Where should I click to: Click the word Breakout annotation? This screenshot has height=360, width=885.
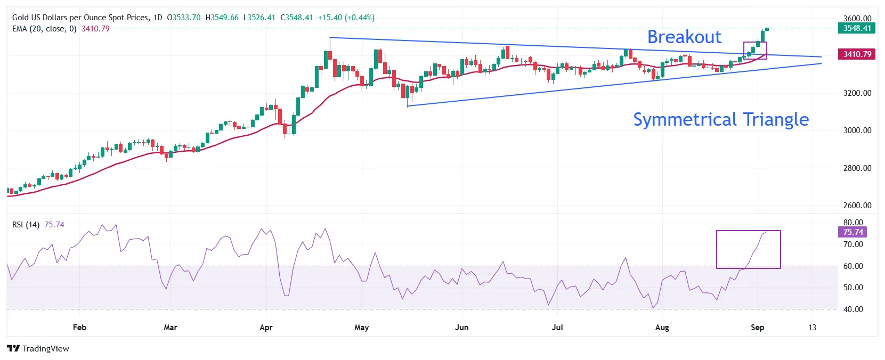(684, 37)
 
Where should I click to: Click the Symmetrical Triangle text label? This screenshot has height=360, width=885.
(720, 119)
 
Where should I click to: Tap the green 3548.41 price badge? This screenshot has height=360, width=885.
(857, 28)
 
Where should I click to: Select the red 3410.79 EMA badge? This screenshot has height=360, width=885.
(857, 54)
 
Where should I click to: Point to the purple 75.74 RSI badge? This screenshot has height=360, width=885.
(852, 232)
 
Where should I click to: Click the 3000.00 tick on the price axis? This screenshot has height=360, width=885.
(857, 130)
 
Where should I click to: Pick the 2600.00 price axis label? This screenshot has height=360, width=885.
(857, 206)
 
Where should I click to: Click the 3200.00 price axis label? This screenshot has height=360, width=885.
(857, 93)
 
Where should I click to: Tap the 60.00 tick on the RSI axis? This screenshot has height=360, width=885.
(852, 266)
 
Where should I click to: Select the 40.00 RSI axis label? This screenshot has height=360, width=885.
(852, 309)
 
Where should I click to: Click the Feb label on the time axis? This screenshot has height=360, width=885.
(79, 328)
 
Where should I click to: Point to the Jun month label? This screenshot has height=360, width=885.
(461, 328)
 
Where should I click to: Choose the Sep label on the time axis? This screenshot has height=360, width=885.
(757, 328)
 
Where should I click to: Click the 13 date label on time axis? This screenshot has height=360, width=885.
(812, 328)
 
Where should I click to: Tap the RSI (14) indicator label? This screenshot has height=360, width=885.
(26, 225)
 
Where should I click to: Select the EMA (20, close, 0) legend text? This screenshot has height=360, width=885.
(44, 29)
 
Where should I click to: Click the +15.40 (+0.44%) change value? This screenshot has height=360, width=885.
(346, 18)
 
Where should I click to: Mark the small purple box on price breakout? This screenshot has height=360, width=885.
(755, 51)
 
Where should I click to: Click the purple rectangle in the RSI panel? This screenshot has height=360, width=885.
(748, 249)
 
